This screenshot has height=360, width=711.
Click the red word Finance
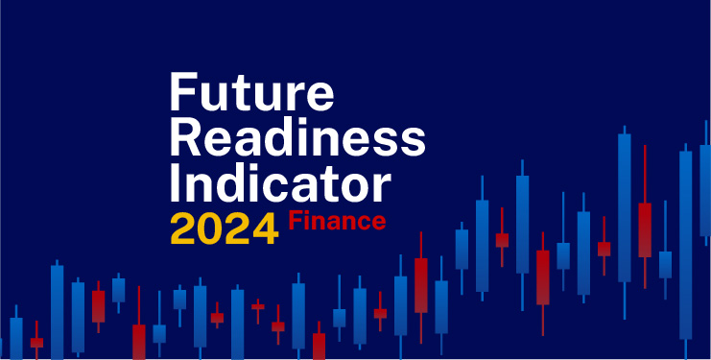(x=338, y=222)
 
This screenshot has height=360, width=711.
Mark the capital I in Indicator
(x=175, y=181)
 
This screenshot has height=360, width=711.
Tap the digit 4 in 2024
(x=264, y=228)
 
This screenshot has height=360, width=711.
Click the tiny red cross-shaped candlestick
(x=258, y=307)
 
